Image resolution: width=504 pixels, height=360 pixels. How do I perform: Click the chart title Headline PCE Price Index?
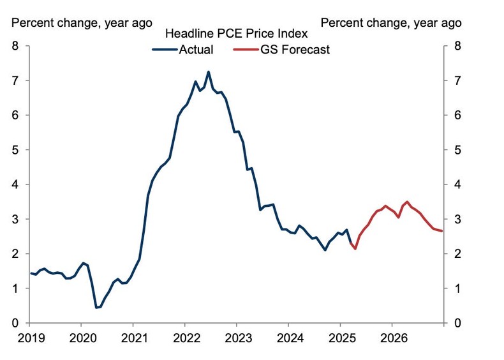236,33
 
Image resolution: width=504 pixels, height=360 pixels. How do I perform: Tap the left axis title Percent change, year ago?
82,22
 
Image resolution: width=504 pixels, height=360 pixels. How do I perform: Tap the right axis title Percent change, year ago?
390,22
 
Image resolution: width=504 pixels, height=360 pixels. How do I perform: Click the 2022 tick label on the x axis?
185,336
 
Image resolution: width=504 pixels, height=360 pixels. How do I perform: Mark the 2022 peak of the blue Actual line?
209,71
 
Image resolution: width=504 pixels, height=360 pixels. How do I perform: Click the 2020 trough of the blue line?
96,308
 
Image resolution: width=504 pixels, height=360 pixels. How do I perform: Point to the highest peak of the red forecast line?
408,202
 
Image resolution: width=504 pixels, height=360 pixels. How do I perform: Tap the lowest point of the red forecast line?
355,248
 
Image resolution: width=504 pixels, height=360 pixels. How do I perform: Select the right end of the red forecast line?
441,231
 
